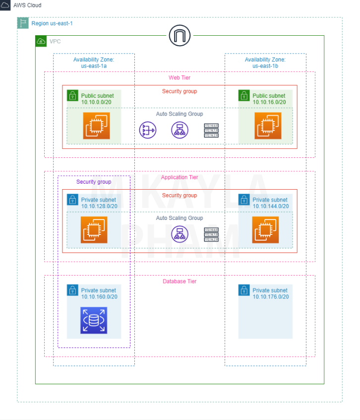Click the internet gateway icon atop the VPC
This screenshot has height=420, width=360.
(180, 36)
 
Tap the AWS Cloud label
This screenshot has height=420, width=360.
(27, 5)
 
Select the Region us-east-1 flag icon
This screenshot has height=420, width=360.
(23, 23)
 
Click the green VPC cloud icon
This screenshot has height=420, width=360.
(41, 42)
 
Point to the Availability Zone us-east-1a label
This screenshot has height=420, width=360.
(94, 63)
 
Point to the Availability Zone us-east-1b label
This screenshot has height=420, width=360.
(265, 63)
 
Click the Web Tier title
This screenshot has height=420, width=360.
(180, 77)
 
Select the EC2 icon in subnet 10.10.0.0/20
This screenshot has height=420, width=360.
(96, 126)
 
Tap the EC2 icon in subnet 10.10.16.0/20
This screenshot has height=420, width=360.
(268, 126)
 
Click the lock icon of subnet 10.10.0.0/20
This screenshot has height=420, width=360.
(73, 95)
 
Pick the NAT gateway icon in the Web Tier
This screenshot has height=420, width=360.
(147, 130)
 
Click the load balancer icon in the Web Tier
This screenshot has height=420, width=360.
(180, 130)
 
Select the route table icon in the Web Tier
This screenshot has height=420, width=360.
(211, 130)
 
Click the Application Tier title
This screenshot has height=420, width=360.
(180, 177)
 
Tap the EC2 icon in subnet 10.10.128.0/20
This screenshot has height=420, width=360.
(94, 230)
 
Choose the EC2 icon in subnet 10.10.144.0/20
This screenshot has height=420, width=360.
(265, 230)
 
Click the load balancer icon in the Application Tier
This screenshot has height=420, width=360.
(180, 233)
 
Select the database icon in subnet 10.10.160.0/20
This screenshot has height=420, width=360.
(94, 320)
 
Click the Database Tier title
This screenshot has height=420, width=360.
(180, 281)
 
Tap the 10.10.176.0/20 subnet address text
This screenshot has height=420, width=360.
(271, 297)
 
